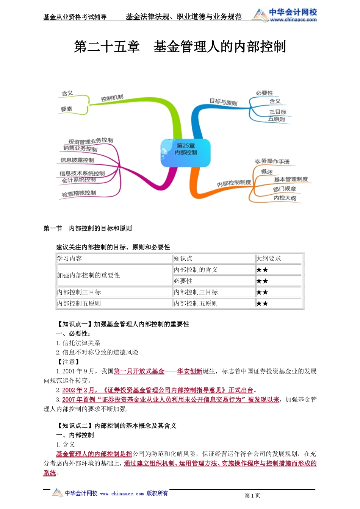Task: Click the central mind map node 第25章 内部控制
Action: click(x=185, y=149)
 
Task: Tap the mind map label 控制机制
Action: click(x=112, y=98)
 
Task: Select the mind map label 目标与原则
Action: click(x=223, y=102)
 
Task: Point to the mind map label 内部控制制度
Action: click(x=234, y=183)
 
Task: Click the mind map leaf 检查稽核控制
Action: click(x=79, y=194)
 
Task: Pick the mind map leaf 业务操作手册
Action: click(x=272, y=161)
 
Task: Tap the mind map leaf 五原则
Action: click(x=276, y=119)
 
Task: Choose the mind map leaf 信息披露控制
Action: click(x=77, y=160)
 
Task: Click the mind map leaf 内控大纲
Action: click(x=285, y=198)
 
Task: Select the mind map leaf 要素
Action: click(x=66, y=109)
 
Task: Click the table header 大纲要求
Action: click(x=269, y=258)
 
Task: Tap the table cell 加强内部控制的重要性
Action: click(x=88, y=275)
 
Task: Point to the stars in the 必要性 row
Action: click(x=262, y=281)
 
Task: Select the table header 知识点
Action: click(x=183, y=258)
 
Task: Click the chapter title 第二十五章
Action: click(x=106, y=47)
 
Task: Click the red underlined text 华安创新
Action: click(x=189, y=371)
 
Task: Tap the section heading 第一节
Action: click(x=53, y=228)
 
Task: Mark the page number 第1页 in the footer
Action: click(x=252, y=495)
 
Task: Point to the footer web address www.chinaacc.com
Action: click(x=122, y=493)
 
